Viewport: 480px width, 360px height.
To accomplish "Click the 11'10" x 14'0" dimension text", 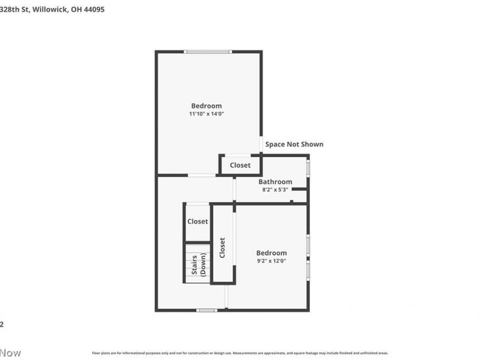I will point(206,113).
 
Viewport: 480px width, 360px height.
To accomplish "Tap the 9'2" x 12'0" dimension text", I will point(271,261).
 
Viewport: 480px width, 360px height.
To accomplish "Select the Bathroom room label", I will point(275,182).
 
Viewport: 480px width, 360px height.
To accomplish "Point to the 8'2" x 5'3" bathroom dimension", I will point(275,190).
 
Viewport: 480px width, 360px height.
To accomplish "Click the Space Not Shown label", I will point(294,144).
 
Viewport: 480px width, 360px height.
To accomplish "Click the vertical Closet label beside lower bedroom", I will point(222,248).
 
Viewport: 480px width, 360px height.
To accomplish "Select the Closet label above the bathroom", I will point(241,165).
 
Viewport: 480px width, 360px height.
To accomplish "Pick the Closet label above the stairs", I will point(197,221).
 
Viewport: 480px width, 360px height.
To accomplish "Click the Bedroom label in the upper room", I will point(206,106).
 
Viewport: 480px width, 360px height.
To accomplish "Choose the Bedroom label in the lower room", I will point(271,253).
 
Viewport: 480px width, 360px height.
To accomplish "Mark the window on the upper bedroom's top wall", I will point(208,52).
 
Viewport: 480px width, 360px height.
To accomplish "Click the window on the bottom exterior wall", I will point(207,310).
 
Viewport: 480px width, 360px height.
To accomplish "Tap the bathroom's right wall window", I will point(308,167).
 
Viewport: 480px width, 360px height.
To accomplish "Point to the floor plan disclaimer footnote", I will point(240,353).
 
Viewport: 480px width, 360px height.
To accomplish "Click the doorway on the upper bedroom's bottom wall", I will point(202,175).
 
